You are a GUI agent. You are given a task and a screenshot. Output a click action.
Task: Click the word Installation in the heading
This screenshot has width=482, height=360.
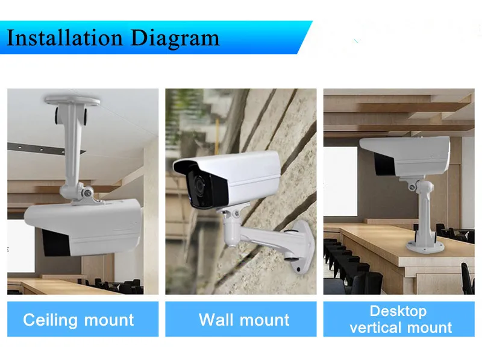(x=64, y=38)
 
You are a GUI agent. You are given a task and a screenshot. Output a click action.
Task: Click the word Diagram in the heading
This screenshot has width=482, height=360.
(x=175, y=39)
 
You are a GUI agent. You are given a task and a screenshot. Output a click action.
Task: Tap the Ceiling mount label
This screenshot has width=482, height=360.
(x=78, y=320)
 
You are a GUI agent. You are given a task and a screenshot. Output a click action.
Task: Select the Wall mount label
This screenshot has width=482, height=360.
(x=244, y=320)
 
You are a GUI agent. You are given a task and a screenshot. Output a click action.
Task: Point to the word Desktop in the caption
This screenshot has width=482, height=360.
(x=398, y=311)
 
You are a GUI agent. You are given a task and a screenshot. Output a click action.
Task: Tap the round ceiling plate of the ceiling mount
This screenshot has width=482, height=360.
(x=72, y=100)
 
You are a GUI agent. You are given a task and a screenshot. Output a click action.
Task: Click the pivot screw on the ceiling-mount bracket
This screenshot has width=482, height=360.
(x=87, y=193)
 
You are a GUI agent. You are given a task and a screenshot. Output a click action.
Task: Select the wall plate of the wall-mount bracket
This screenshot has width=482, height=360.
(x=302, y=246)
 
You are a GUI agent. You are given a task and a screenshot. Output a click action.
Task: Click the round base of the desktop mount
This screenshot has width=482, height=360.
(x=425, y=247)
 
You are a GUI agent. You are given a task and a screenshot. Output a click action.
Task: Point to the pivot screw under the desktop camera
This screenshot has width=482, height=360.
(x=412, y=187)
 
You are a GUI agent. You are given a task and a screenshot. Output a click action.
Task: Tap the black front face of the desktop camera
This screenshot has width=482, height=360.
(x=384, y=164)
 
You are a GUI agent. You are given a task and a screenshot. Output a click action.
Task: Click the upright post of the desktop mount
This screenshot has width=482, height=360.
(x=426, y=212)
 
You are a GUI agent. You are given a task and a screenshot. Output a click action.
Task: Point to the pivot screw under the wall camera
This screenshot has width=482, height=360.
(x=237, y=213)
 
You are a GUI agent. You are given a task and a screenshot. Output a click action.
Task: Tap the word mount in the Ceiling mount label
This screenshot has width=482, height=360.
(x=109, y=320)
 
